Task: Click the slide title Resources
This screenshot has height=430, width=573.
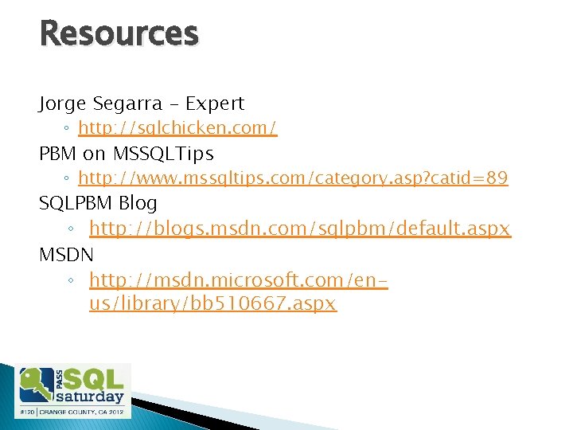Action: click(119, 34)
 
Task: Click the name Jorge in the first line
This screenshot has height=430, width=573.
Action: click(65, 104)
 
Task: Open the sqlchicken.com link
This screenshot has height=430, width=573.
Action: click(177, 129)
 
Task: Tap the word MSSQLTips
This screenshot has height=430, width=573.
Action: click(163, 153)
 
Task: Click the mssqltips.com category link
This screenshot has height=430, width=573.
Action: click(293, 178)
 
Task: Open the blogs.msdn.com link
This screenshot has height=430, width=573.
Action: click(299, 229)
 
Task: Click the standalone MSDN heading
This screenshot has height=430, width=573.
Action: click(66, 255)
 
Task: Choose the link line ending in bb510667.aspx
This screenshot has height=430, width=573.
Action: click(212, 304)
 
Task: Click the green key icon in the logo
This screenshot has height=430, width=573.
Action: click(35, 385)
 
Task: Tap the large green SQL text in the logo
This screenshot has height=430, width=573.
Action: click(94, 377)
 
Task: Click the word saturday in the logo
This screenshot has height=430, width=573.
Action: click(90, 396)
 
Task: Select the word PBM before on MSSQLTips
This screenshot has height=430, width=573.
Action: click(58, 153)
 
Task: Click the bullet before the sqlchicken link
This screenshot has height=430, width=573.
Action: click(71, 130)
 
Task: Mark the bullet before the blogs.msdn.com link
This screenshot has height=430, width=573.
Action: click(71, 230)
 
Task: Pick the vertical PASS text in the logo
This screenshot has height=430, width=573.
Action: click(58, 378)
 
